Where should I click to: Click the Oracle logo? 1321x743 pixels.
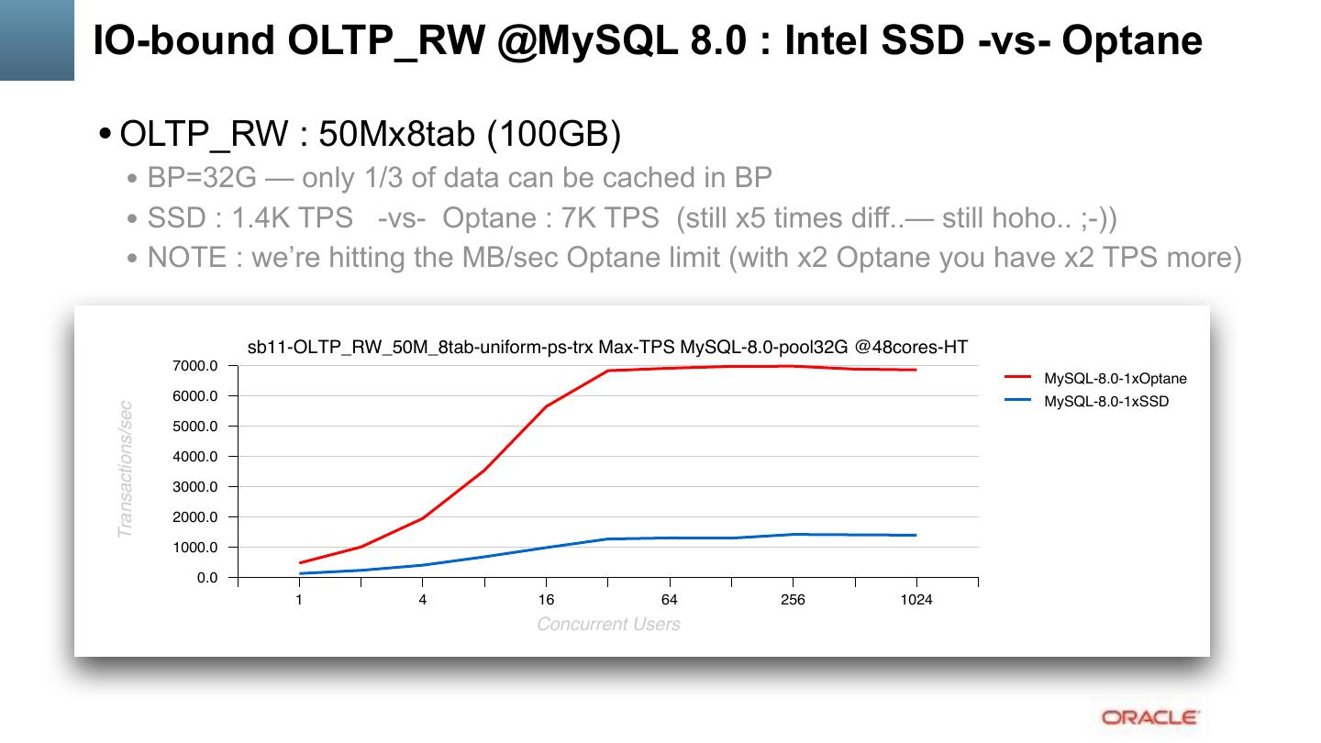(1149, 717)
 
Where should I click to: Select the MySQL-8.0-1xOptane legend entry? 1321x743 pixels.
(1115, 378)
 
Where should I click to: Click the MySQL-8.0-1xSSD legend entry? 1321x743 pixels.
(1106, 401)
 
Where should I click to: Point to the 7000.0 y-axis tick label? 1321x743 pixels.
(194, 366)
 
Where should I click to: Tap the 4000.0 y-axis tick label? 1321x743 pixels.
(194, 457)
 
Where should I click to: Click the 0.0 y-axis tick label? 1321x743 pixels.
(206, 578)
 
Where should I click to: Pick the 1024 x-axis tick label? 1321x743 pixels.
(916, 600)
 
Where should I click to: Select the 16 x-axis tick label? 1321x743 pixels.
(546, 600)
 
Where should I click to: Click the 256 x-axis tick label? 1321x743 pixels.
(793, 600)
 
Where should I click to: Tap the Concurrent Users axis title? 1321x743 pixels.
(608, 625)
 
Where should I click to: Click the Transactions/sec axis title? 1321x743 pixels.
(126, 469)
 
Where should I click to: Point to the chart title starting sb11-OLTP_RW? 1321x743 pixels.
(607, 347)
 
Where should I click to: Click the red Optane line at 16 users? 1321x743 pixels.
(546, 406)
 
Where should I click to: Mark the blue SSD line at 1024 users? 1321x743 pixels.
(916, 535)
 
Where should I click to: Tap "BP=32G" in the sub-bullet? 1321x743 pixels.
(202, 177)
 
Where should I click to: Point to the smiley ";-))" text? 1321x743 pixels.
(1098, 217)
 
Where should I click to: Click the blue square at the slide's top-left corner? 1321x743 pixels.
(37, 39)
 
